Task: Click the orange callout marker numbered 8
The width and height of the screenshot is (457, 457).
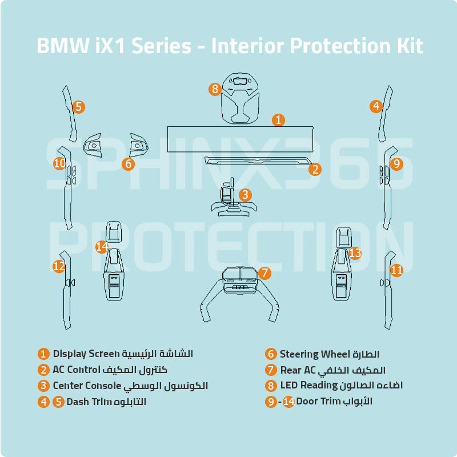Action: (x=215, y=89)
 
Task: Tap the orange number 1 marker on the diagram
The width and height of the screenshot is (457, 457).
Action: (x=278, y=119)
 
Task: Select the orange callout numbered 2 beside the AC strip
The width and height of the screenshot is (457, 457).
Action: (x=315, y=169)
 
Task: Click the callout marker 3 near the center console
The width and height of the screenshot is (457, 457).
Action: (x=245, y=195)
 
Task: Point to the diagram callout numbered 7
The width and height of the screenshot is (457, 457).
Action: (x=264, y=273)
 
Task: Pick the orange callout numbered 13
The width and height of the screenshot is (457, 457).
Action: (x=355, y=252)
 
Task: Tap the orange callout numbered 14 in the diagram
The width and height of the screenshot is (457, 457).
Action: (x=102, y=247)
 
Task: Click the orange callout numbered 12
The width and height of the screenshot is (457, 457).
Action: (x=59, y=266)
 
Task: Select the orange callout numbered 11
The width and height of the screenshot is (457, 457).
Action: (x=396, y=270)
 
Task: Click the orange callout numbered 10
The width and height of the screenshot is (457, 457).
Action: (x=59, y=164)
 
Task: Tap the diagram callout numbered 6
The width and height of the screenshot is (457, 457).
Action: (x=128, y=164)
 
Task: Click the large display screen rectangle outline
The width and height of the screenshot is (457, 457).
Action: (x=240, y=140)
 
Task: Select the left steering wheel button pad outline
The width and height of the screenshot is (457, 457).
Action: (x=93, y=145)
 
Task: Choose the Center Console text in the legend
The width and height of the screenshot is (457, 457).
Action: (x=87, y=386)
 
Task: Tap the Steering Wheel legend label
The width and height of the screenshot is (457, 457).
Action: (x=314, y=354)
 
